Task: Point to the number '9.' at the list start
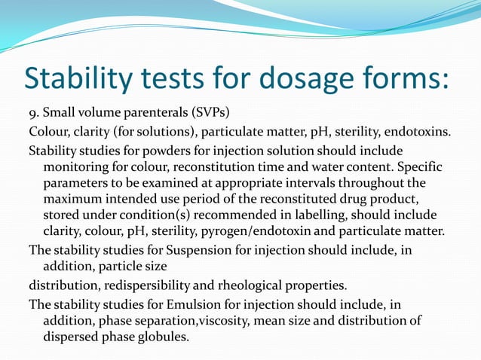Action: point(35,116)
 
